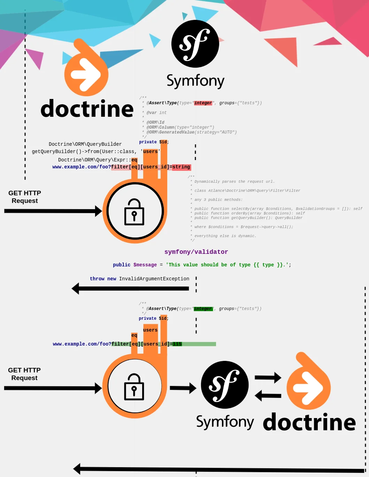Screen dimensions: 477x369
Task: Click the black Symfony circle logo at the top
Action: (x=195, y=44)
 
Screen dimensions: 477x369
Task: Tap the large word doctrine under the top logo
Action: (x=87, y=109)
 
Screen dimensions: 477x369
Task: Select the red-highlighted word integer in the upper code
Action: (x=203, y=103)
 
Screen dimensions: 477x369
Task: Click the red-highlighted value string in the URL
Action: (x=181, y=167)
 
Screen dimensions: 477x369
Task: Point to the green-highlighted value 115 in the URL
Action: (x=177, y=344)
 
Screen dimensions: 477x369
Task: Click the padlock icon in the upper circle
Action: (x=134, y=212)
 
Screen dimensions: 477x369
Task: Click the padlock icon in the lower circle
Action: (x=134, y=387)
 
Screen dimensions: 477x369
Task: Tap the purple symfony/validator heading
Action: (x=196, y=252)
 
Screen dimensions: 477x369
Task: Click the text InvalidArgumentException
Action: (x=154, y=279)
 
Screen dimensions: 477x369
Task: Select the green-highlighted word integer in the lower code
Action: (x=203, y=309)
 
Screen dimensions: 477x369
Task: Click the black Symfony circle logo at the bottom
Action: (x=225, y=385)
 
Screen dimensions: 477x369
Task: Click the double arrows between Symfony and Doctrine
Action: (x=268, y=387)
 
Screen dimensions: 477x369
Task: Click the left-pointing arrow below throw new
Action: (x=130, y=288)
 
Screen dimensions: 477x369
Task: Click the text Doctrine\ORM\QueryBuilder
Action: (x=85, y=144)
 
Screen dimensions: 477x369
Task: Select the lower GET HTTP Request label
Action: (x=24, y=374)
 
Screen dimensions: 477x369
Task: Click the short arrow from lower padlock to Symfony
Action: (x=183, y=388)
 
